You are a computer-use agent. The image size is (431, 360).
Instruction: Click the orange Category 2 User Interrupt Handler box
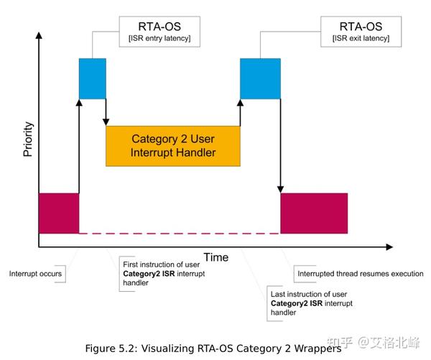172,146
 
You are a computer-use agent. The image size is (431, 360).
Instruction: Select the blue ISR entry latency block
92,78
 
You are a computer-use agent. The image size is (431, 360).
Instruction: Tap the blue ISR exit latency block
259,78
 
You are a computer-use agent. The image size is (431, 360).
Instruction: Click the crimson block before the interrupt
58,213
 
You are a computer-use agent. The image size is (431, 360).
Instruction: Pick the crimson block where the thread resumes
314,213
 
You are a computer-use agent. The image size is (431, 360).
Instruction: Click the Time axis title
215,257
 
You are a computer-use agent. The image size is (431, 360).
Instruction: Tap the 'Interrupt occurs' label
36,274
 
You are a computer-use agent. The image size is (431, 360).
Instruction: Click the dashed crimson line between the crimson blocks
180,234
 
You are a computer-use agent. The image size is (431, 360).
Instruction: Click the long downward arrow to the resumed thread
280,144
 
